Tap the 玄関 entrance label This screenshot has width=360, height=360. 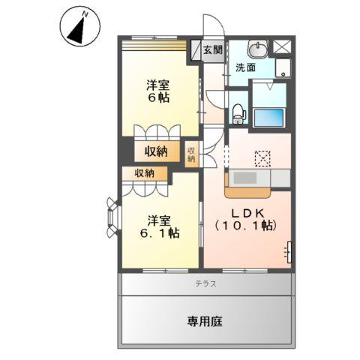click(212, 50)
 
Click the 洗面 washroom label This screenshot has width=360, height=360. click(244, 67)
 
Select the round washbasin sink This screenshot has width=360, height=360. click(257, 49)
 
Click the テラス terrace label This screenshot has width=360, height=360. click(206, 283)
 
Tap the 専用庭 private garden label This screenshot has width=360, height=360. click(205, 322)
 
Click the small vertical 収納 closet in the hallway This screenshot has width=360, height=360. click(191, 152)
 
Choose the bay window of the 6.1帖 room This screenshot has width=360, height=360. click(112, 217)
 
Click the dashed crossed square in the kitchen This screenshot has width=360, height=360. click(262, 157)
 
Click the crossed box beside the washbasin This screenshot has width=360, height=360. click(282, 46)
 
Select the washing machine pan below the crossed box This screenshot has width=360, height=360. click(283, 70)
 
